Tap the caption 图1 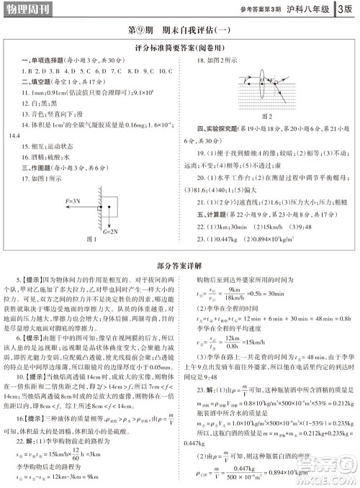pyautogui.click(x=91, y=239)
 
